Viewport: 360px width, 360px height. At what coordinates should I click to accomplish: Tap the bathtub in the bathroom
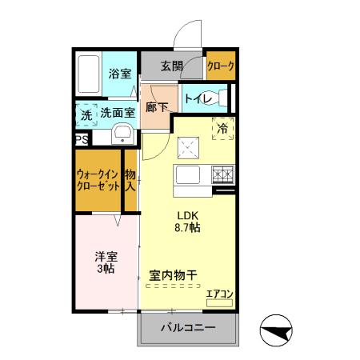[90, 74]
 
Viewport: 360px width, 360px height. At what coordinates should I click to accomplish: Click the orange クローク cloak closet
[220, 67]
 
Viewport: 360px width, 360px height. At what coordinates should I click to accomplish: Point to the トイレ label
[195, 99]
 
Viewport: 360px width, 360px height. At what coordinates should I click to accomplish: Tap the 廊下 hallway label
[157, 105]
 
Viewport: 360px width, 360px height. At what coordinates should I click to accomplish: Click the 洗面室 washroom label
[117, 114]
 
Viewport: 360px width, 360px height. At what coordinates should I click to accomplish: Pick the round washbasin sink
[122, 134]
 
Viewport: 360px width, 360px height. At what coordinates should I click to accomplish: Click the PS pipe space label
[82, 138]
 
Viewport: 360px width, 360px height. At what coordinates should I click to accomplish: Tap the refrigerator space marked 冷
[222, 127]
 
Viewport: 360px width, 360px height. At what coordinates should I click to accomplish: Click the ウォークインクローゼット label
[98, 180]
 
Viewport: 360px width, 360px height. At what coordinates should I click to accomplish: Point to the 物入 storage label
[130, 181]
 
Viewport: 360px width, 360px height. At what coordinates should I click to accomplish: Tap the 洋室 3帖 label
[106, 262]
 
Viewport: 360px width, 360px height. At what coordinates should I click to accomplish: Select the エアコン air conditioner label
[218, 294]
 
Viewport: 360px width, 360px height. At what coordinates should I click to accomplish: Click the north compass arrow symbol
[276, 330]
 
